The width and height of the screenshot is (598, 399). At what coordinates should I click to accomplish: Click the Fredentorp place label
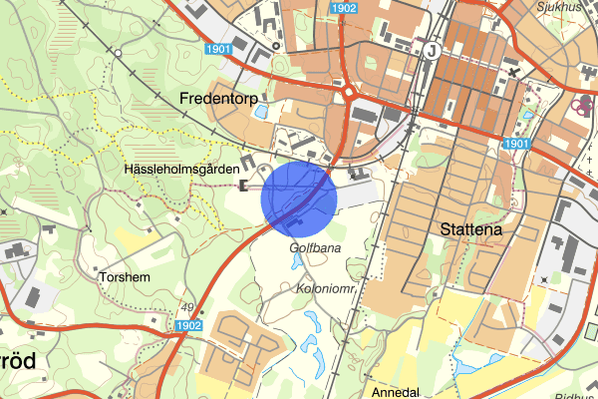click(x=217, y=98)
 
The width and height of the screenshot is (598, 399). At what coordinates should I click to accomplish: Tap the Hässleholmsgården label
click(x=182, y=171)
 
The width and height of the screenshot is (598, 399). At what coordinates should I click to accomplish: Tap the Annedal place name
click(x=395, y=392)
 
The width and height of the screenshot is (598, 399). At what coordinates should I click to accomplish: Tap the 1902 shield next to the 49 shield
click(x=188, y=325)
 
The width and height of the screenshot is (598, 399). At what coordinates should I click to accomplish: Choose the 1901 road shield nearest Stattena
click(x=515, y=144)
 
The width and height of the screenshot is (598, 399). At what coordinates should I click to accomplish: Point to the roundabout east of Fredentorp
click(x=351, y=96)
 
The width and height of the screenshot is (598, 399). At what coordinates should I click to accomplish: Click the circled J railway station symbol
click(x=431, y=50)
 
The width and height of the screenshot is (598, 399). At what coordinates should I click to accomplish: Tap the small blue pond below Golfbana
click(x=297, y=262)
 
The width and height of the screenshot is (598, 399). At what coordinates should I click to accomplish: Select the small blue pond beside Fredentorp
click(x=262, y=113)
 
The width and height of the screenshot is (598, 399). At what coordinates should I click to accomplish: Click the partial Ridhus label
click(x=578, y=393)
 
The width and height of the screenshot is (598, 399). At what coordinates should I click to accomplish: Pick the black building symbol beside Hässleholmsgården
click(x=245, y=186)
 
